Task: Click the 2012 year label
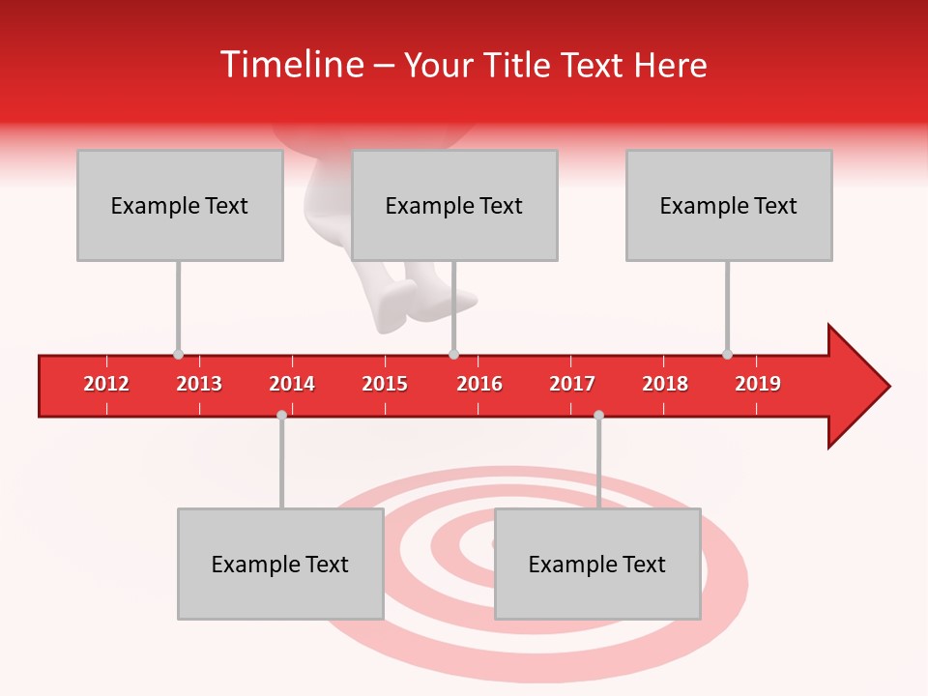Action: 106,384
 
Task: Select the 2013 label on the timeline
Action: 199,384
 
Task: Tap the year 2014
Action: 292,384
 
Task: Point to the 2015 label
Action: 385,384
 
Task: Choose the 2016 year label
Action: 479,384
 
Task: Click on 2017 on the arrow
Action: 572,384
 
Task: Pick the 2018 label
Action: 665,384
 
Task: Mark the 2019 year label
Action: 758,384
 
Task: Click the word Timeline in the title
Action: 290,65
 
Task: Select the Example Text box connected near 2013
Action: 180,205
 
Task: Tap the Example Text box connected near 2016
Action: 454,205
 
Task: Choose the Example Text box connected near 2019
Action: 729,205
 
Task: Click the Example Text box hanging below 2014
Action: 280,564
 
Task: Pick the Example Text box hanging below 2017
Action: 597,564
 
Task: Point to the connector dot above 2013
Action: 178,355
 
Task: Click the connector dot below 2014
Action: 281,415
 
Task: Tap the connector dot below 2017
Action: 598,415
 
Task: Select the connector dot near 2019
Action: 727,354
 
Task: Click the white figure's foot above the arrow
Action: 396,309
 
